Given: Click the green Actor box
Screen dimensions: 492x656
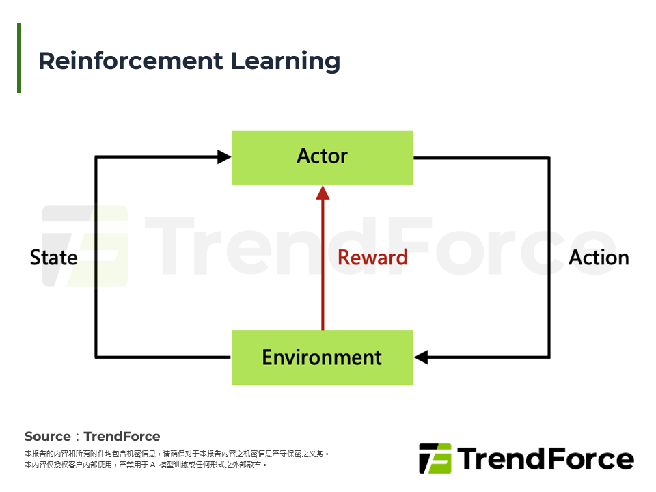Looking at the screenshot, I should [x=322, y=157].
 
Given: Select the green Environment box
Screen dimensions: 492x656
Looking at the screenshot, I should [x=322, y=357].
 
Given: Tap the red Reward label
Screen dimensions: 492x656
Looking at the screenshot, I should [x=372, y=258].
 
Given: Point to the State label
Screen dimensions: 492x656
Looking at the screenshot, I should [x=53, y=258].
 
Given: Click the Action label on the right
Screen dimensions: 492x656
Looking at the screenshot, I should [x=599, y=258].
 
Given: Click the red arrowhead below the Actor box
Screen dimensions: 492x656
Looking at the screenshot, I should [x=323, y=193].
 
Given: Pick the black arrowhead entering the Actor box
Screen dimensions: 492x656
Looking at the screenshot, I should [x=224, y=157].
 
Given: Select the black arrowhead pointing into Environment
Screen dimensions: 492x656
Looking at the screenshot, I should [x=421, y=357].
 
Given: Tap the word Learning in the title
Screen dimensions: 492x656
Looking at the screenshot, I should [x=285, y=61].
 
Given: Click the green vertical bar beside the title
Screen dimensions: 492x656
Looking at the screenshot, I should [x=19, y=58].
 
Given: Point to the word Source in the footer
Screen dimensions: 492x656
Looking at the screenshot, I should [x=47, y=437].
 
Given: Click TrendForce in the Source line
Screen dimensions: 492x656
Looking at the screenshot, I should [x=122, y=437].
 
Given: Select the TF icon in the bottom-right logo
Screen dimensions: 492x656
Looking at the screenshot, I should [x=435, y=459].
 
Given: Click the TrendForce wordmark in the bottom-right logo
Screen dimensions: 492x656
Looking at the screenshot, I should [x=545, y=459].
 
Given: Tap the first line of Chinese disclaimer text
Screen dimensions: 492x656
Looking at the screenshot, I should [x=177, y=454].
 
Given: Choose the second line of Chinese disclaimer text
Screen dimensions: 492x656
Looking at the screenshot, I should [x=145, y=465].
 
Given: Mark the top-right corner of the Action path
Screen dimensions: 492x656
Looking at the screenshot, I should [x=549, y=158].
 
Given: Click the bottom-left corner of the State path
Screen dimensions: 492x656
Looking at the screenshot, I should [x=96, y=357].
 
